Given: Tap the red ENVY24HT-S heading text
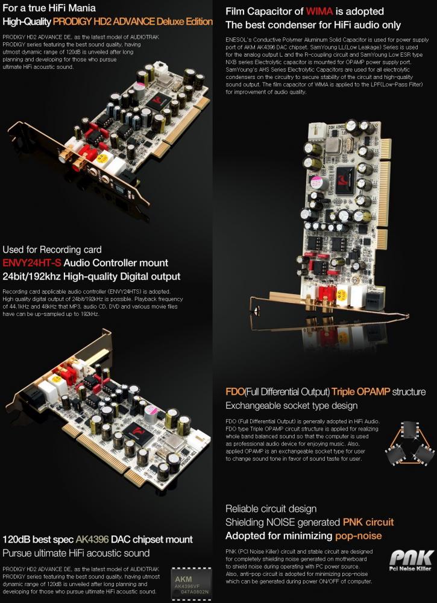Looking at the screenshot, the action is pos(31,263).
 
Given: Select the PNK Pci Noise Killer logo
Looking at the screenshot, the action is pos(410,560).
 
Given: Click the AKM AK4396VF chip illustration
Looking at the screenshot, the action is pos(191,582).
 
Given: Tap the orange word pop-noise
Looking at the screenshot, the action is pos(357,535).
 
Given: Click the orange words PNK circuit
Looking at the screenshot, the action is pos(368,522).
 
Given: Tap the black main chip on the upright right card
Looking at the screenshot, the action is pos(347,180).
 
